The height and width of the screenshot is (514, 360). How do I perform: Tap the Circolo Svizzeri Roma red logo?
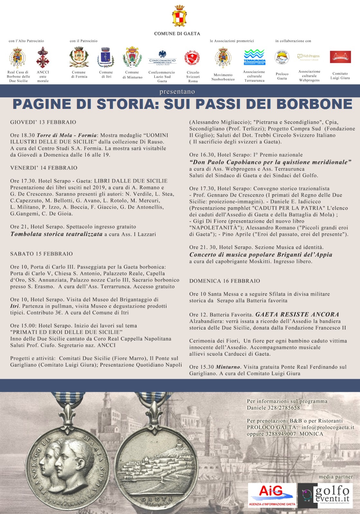click(193, 58)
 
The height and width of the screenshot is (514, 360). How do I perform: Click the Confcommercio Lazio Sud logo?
click(162, 58)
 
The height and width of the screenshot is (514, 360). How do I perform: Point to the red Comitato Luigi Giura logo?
click(340, 57)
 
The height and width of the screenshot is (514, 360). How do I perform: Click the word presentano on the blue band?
click(177, 92)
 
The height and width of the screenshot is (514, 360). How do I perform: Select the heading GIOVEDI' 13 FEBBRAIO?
click(43, 122)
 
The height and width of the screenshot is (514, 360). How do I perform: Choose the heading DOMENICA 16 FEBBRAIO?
click(224, 281)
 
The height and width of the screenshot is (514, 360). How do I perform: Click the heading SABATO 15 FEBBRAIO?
click(41, 254)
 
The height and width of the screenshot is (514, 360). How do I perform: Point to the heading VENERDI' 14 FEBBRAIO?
click(44, 168)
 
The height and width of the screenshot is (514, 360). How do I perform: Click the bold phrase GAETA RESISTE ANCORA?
click(297, 314)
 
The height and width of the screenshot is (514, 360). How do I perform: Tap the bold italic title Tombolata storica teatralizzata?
click(56, 234)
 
